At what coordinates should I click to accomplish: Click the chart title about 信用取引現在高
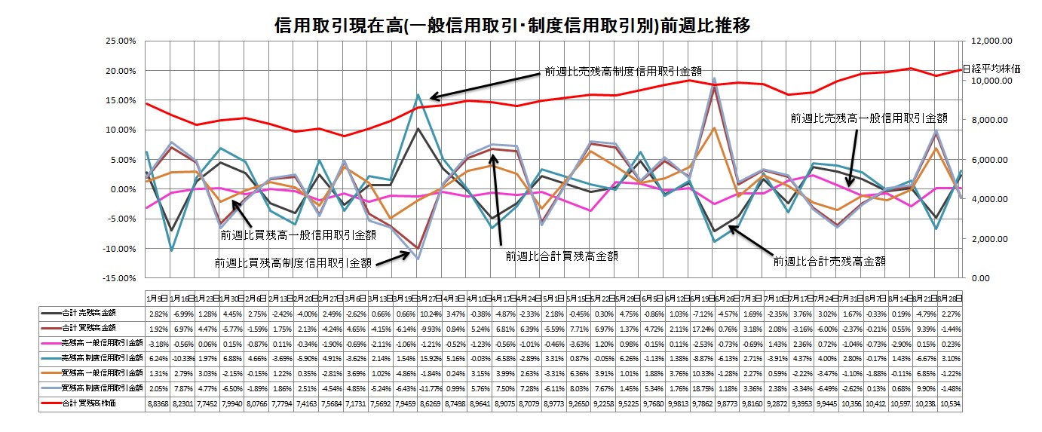click(x=513, y=26)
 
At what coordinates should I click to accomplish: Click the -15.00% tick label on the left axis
click(x=119, y=278)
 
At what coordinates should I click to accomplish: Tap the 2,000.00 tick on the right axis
click(x=986, y=239)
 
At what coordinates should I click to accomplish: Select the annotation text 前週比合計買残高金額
click(x=563, y=256)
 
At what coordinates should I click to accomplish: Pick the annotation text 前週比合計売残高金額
click(x=829, y=262)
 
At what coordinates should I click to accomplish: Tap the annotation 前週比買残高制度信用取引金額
click(x=293, y=263)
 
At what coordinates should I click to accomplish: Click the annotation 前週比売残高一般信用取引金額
click(x=868, y=118)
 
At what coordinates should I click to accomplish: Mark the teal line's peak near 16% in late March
click(x=418, y=95)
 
